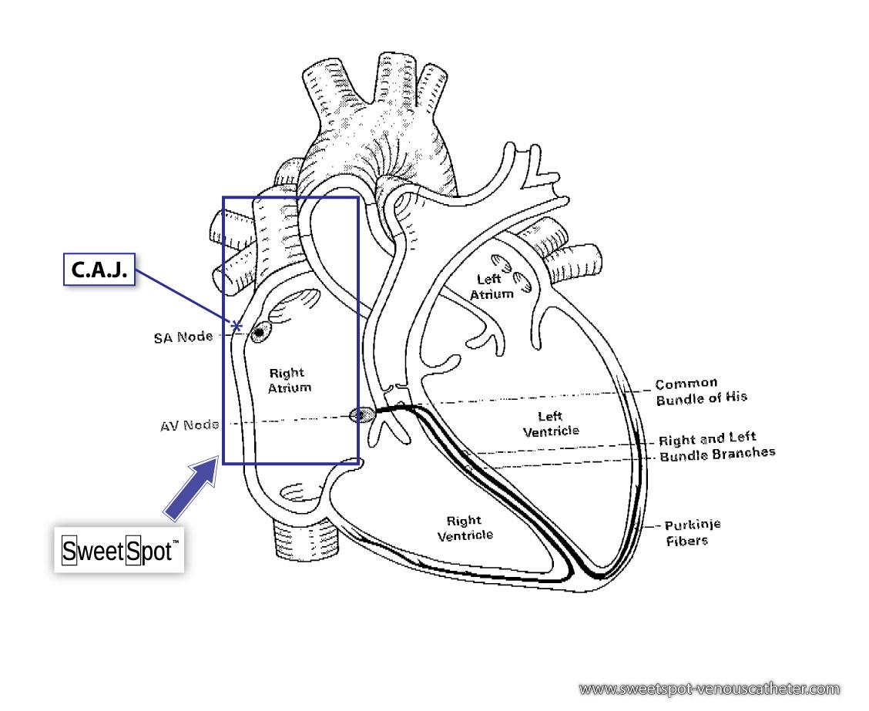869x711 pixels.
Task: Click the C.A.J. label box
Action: [x=99, y=270]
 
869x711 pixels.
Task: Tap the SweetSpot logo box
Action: [x=119, y=551]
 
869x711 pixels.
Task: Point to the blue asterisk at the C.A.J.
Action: [x=237, y=327]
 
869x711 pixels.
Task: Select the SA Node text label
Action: [x=183, y=337]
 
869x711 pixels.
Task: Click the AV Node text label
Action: [x=190, y=425]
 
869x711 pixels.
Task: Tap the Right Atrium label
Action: [x=290, y=381]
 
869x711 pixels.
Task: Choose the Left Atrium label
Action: [x=492, y=287]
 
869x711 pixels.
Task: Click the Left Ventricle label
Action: [x=551, y=424]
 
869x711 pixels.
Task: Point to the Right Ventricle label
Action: [x=465, y=528]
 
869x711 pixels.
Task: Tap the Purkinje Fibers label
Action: [x=692, y=532]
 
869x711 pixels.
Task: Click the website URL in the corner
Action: [x=709, y=688]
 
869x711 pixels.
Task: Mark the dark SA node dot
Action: [x=259, y=333]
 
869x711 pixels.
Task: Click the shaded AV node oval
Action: [x=360, y=416]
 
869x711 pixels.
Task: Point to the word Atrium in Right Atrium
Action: [x=290, y=387]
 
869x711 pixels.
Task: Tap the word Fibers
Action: [x=687, y=541]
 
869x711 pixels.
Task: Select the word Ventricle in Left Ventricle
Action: [x=551, y=431]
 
